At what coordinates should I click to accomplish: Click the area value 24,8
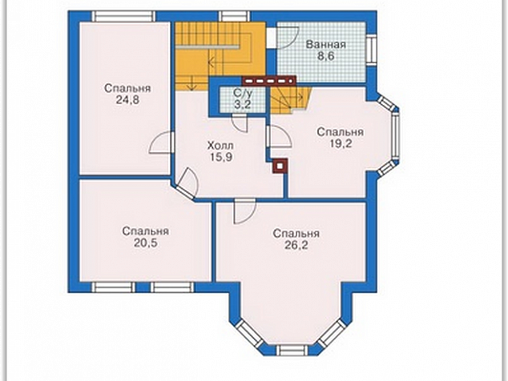127,100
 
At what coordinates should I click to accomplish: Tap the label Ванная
326,45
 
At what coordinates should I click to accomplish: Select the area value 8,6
325,56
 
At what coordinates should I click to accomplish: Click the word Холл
220,146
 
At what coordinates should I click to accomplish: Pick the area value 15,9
220,158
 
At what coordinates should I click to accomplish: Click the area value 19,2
341,143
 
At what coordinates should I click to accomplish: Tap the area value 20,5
146,243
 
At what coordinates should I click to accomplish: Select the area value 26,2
296,245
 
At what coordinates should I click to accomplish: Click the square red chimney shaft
280,166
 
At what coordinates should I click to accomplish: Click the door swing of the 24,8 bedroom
160,142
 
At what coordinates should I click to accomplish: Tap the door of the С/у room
240,123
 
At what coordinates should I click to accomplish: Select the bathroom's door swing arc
288,38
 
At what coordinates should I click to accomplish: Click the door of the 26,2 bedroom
245,212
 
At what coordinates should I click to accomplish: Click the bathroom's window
371,50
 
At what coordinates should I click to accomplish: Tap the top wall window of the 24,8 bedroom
123,17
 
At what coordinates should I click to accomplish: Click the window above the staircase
234,17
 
